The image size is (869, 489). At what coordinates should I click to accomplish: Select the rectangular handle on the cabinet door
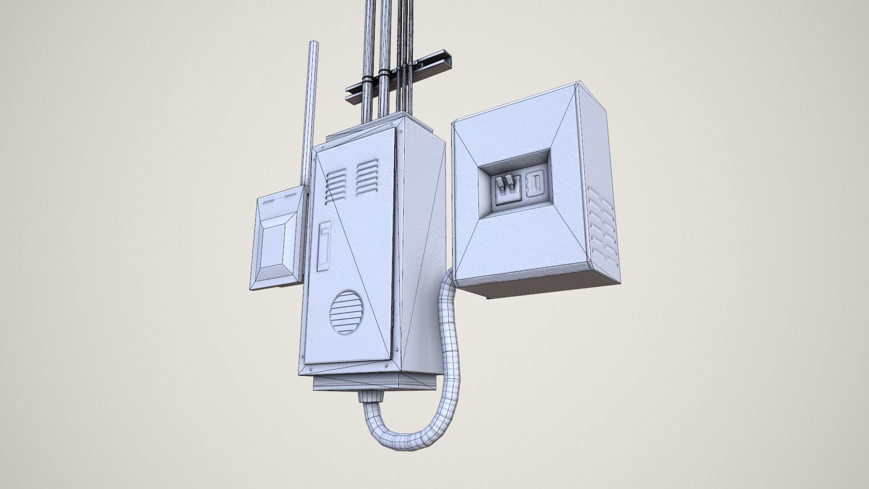(x=324, y=246)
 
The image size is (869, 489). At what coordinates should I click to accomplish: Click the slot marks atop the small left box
(x=281, y=202)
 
